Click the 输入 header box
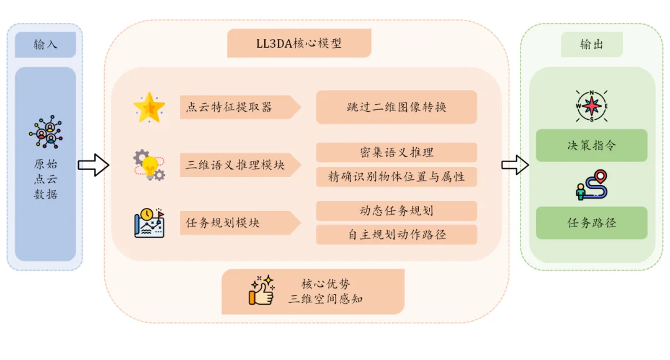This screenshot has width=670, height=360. (45, 45)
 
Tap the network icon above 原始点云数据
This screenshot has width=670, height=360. (45, 132)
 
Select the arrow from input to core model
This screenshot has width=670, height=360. (93, 165)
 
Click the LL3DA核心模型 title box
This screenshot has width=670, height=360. (299, 43)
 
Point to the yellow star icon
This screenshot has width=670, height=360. (150, 107)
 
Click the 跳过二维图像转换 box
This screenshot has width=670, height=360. (396, 107)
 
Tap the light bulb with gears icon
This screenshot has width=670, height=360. (150, 164)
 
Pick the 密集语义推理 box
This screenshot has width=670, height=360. (396, 153)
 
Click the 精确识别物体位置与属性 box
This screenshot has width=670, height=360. (396, 177)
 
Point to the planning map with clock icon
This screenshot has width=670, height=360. (150, 223)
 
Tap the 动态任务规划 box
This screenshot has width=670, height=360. (396, 211)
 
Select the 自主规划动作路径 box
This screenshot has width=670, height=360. (396, 235)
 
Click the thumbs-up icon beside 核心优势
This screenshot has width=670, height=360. (262, 290)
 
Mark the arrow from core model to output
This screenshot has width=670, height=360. (514, 165)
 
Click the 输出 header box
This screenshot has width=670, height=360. (591, 45)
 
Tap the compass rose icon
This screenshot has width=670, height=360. (591, 106)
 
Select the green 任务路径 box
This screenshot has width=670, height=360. (591, 223)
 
